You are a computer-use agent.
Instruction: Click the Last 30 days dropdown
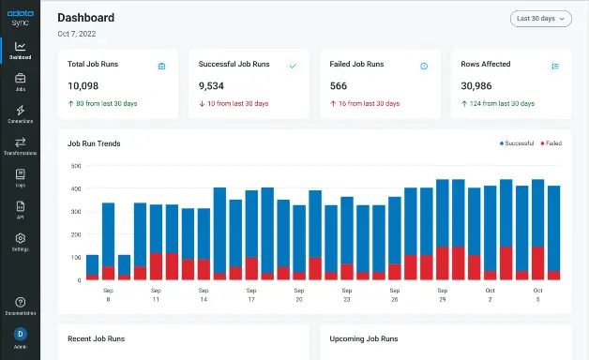(x=541, y=18)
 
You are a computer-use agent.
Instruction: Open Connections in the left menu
(x=20, y=114)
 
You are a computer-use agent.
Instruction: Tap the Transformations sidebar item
(x=20, y=146)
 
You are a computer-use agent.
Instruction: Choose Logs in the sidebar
(x=20, y=178)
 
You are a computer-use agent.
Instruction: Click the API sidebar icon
(x=20, y=210)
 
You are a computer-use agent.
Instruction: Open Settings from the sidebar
(x=20, y=242)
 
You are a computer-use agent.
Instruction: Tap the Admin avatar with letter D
(x=20, y=334)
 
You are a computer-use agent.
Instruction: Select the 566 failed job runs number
(x=339, y=85)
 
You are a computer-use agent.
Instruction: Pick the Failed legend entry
(x=551, y=143)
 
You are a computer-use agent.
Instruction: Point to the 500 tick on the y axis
(x=76, y=166)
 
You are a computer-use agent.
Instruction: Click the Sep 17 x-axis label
(x=250, y=295)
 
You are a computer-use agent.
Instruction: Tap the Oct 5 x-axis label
(x=537, y=295)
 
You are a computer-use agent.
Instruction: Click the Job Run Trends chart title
(x=94, y=143)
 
